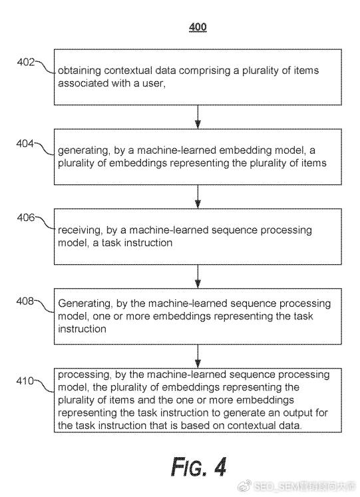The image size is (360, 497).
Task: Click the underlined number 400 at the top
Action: (x=198, y=27)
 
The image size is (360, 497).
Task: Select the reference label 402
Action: (x=26, y=62)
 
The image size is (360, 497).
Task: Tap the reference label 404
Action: (x=25, y=144)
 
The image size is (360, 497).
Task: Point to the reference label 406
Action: (x=26, y=218)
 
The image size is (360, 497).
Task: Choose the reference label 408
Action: (x=25, y=301)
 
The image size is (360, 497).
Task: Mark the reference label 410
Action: (x=25, y=381)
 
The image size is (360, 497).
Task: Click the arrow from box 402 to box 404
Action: (x=198, y=117)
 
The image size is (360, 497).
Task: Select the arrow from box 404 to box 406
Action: (x=198, y=197)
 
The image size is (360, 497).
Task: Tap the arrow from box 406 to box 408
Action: (x=198, y=277)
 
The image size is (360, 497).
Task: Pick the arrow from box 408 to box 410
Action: (x=198, y=357)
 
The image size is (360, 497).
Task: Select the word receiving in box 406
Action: (x=80, y=230)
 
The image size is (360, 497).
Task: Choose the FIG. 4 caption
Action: (x=199, y=467)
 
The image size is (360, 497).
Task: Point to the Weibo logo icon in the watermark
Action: (x=244, y=486)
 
